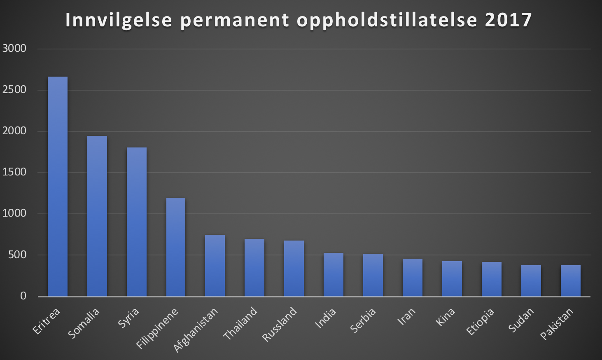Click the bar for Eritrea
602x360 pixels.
pyautogui.click(x=58, y=186)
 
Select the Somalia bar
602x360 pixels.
pyautogui.click(x=97, y=216)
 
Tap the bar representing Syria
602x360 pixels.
pyautogui.click(x=137, y=222)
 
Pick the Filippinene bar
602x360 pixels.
pyautogui.click(x=176, y=247)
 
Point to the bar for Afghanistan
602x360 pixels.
pyautogui.click(x=215, y=265)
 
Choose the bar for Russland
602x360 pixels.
pyautogui.click(x=294, y=268)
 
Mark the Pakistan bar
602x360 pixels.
pyautogui.click(x=571, y=281)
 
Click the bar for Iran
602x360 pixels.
pyautogui.click(x=413, y=277)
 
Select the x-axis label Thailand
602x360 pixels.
pyautogui.click(x=240, y=323)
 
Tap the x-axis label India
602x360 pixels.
pyautogui.click(x=325, y=318)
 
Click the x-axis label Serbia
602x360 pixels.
pyautogui.click(x=363, y=320)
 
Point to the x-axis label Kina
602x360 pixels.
pyautogui.click(x=445, y=317)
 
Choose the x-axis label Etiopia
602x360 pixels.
pyautogui.click(x=480, y=321)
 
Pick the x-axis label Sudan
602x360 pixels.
pyautogui.click(x=521, y=320)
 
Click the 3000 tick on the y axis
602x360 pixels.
pyautogui.click(x=14, y=49)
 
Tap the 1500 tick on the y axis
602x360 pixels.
pyautogui.click(x=14, y=172)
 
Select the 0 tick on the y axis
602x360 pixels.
pyautogui.click(x=23, y=296)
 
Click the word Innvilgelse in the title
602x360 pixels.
pyautogui.click(x=119, y=20)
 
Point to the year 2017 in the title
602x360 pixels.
pyautogui.click(x=509, y=20)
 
